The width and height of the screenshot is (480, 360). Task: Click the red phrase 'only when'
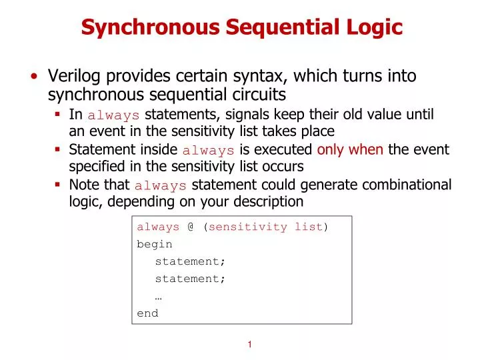click(x=350, y=149)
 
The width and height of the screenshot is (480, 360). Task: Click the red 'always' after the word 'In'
click(x=113, y=115)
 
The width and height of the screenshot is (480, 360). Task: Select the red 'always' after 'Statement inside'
click(x=208, y=150)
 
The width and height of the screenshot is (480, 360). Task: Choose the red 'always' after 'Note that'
click(x=160, y=185)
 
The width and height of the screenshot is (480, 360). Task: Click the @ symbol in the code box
click(x=191, y=227)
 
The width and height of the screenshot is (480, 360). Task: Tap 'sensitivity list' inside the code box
click(x=266, y=227)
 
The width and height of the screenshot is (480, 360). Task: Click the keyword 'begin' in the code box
click(x=155, y=245)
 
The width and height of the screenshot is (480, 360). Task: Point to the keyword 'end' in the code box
click(x=147, y=313)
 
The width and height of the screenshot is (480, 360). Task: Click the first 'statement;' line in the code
click(x=190, y=261)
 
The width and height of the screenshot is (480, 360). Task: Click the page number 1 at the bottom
click(x=249, y=345)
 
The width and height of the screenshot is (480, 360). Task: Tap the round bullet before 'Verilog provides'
click(x=33, y=76)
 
